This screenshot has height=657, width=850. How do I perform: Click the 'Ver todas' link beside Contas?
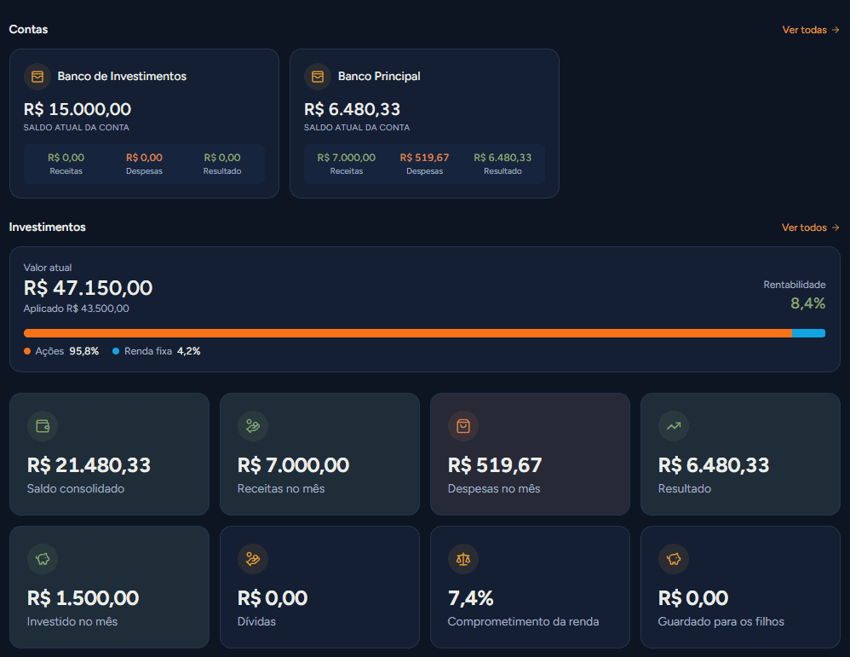(x=811, y=30)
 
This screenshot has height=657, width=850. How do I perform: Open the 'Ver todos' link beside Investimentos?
(x=810, y=228)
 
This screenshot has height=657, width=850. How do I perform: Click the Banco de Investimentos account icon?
(x=37, y=77)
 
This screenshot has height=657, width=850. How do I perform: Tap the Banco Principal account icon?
(x=318, y=77)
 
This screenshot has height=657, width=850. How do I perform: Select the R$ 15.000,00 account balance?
(x=77, y=109)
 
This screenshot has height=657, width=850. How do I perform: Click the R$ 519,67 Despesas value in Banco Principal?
(x=424, y=158)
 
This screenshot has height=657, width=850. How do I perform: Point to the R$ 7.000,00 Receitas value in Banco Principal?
(x=347, y=158)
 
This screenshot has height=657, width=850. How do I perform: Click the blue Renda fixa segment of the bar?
(x=809, y=333)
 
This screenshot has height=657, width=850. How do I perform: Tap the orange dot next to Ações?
(x=27, y=351)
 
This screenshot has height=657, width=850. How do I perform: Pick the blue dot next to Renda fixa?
(x=116, y=351)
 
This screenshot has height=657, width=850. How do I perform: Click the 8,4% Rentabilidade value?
(x=807, y=303)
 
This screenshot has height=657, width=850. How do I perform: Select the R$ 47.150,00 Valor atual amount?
(x=88, y=287)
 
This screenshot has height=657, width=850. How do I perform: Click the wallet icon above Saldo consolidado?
(x=43, y=426)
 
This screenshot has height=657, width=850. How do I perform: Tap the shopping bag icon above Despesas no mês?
(x=463, y=426)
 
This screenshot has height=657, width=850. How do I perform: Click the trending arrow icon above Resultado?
(x=674, y=426)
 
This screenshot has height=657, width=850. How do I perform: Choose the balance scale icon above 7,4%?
(x=463, y=559)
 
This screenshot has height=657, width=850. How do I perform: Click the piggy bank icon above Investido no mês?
(x=43, y=559)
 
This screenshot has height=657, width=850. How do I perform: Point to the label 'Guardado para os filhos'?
(x=721, y=622)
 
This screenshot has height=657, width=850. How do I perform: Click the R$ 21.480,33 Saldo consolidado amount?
(x=89, y=465)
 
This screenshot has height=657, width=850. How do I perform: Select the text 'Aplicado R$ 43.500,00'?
(x=77, y=308)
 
